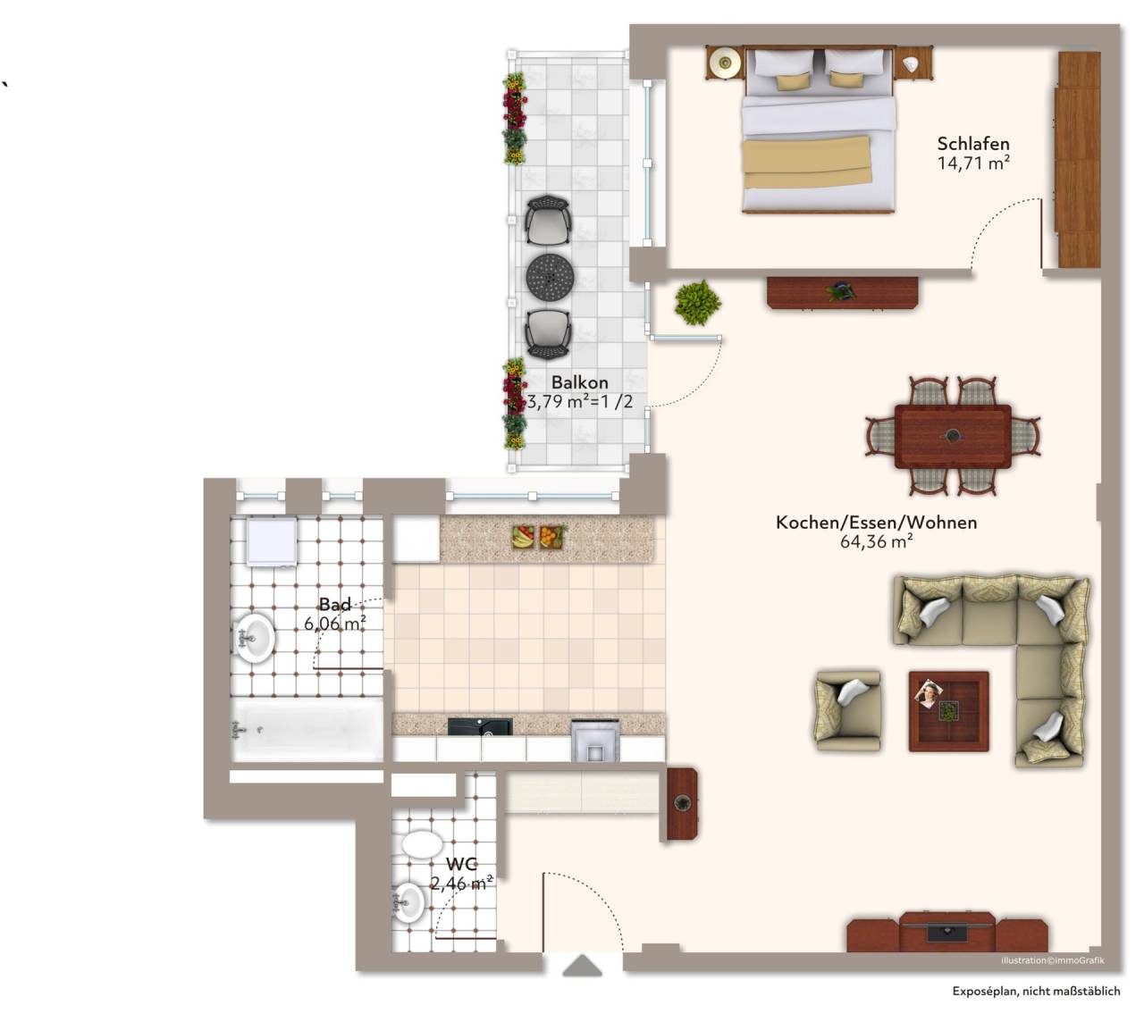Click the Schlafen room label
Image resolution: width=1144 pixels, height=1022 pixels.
[972, 144]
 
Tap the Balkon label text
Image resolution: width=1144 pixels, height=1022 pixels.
[580, 382]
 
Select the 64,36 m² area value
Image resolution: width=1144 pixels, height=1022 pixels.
[877, 541]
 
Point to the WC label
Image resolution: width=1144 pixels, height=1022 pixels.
[461, 864]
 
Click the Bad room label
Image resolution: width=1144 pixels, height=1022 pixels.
[335, 605]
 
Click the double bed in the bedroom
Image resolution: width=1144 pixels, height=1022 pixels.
[818, 130]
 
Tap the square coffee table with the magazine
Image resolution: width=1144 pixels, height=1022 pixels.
[948, 711]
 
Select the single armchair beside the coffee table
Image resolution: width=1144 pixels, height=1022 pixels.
[848, 711]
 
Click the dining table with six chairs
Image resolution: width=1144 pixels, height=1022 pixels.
[953, 436]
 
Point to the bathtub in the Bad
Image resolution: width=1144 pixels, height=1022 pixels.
[307, 730]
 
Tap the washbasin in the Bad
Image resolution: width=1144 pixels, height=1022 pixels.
[255, 638]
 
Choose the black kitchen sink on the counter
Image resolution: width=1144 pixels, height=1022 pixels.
[480, 726]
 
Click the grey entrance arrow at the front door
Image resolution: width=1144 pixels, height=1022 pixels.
[582, 965]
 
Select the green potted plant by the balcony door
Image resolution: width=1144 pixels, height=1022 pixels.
[697, 303]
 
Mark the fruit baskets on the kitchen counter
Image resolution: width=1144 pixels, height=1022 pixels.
[538, 537]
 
